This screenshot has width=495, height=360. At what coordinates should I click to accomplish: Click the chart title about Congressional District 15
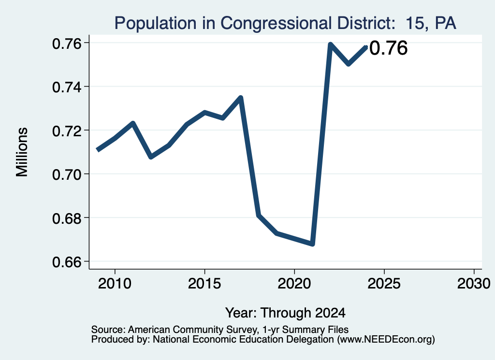(x=285, y=23)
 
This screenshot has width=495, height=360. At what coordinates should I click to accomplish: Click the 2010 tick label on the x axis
(x=115, y=284)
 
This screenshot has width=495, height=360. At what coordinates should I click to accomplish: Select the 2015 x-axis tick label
(x=204, y=284)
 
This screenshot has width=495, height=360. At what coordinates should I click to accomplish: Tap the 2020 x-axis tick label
(x=294, y=284)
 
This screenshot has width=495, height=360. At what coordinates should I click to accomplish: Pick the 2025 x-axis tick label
(x=384, y=284)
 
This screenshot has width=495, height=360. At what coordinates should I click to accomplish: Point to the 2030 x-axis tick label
(x=474, y=284)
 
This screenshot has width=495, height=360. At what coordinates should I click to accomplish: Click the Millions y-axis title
(x=22, y=152)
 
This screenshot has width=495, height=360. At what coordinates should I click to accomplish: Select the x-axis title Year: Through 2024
(x=285, y=313)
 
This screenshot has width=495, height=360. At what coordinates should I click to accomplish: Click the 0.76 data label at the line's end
(x=388, y=48)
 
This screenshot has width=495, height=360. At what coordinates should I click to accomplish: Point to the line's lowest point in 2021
(x=312, y=244)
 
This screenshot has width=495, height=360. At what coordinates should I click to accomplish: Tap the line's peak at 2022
(x=330, y=44)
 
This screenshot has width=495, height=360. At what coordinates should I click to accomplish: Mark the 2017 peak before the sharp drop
(x=241, y=98)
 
